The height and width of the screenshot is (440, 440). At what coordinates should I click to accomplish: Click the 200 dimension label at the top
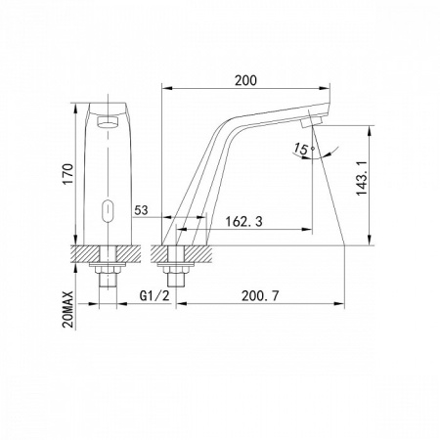tap(245, 80)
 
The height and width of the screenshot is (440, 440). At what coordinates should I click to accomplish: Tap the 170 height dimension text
tap(68, 174)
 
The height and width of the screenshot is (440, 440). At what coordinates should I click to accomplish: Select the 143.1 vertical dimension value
tap(362, 178)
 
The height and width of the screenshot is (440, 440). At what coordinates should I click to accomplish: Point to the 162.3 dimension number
tap(244, 222)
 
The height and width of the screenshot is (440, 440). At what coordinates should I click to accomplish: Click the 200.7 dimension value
tap(260, 296)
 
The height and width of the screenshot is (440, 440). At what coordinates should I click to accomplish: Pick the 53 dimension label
tap(141, 210)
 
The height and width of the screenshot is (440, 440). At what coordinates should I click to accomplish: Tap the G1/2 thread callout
tap(154, 296)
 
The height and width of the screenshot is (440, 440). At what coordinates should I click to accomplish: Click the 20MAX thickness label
tap(68, 309)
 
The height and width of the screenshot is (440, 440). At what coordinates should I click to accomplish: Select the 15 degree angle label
tap(300, 149)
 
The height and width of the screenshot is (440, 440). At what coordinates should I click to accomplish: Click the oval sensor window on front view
tap(108, 210)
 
